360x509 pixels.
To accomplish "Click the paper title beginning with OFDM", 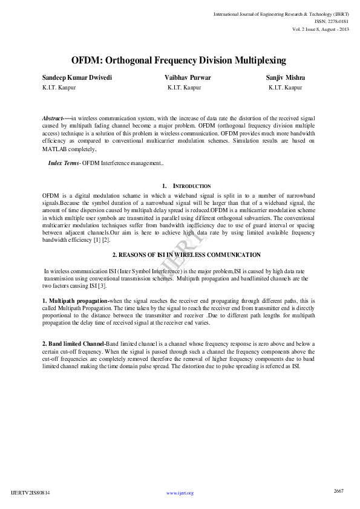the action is (178, 60).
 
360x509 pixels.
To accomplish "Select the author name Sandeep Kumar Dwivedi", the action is (77, 78).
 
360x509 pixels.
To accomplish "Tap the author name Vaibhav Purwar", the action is (188, 78).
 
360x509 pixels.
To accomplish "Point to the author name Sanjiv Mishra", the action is (286, 78).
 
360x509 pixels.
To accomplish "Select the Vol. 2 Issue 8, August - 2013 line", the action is (321, 29).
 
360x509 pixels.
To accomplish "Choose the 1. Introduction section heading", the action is (187, 186).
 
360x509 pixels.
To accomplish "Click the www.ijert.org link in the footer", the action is (180, 493).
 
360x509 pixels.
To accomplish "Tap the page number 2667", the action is (339, 491).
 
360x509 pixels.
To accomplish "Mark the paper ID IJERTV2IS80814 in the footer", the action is (30, 493).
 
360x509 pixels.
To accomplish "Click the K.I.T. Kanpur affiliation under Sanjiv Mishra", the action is (285, 88).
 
